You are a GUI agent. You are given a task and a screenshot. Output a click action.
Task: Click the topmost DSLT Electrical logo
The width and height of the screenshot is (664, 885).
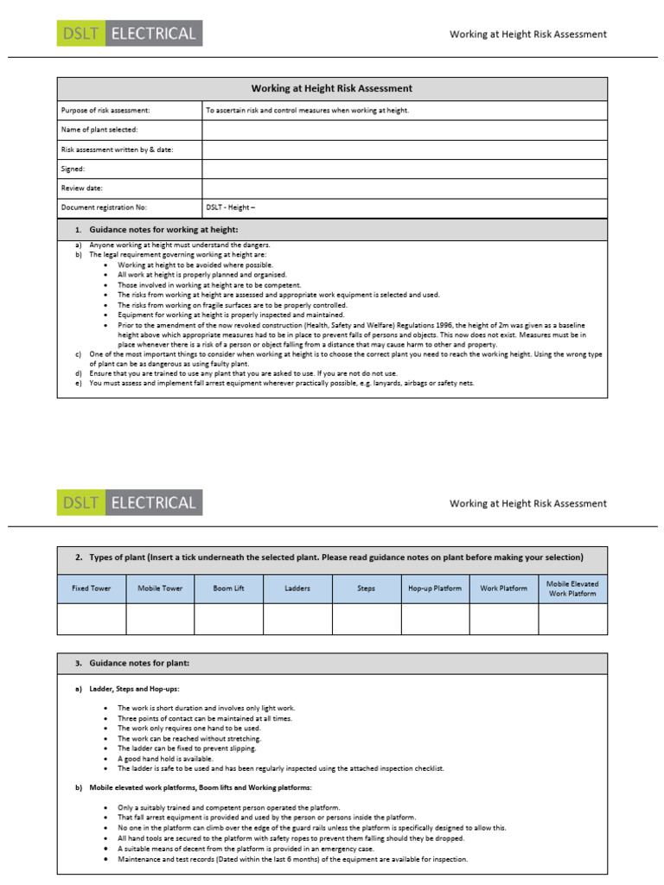point(130,34)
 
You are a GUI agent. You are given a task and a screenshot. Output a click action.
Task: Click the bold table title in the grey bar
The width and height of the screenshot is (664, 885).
point(332,89)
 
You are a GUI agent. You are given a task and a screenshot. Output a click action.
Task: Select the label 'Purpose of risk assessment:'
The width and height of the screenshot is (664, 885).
point(105,111)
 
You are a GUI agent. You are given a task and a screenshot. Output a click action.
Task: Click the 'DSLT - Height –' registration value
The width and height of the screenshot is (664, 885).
point(231,207)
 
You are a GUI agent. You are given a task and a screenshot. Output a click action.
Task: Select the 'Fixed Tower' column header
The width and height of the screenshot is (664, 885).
point(91,589)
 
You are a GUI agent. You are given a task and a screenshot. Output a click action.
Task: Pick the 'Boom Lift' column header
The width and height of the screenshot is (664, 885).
point(228,589)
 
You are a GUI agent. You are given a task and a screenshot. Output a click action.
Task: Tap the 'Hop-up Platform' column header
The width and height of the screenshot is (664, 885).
point(434,589)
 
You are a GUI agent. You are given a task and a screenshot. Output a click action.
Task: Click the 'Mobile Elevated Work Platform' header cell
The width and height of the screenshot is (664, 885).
point(572,589)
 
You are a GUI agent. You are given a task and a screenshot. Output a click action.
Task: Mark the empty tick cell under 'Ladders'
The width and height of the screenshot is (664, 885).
point(297,620)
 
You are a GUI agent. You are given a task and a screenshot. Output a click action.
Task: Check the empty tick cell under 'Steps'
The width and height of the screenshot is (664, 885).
point(366,620)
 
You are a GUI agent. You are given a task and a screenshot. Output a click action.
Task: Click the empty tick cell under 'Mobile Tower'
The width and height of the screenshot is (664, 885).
point(160,620)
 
